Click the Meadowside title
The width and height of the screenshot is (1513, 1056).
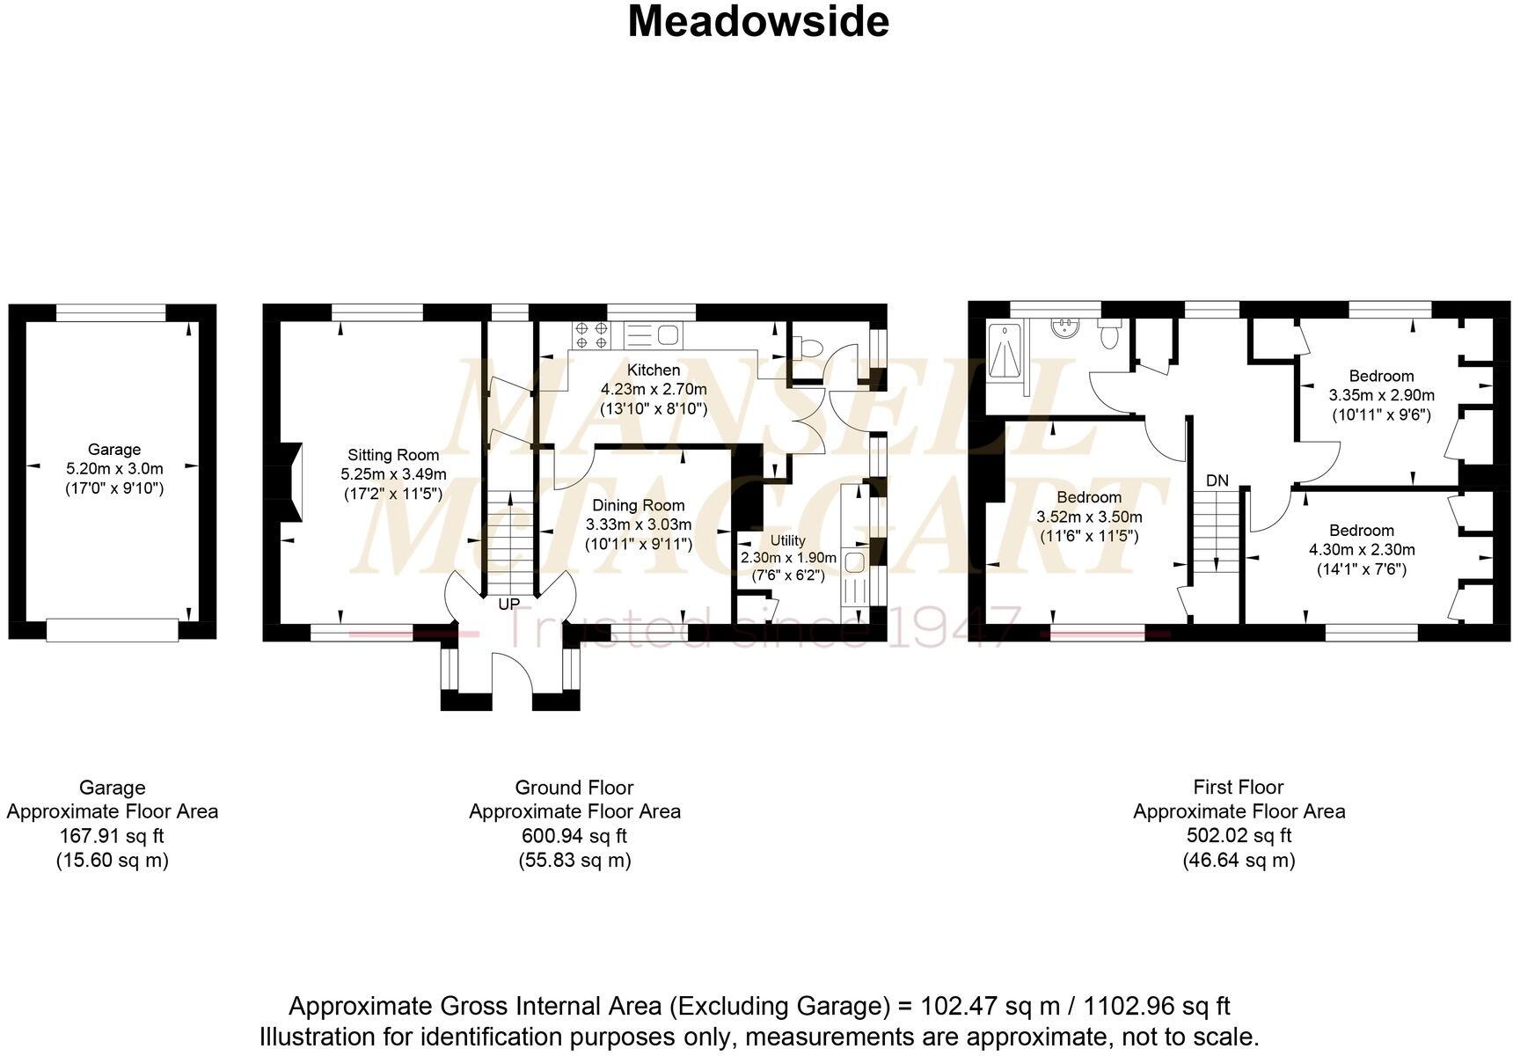[757, 22]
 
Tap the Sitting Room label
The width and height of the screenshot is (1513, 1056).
[393, 455]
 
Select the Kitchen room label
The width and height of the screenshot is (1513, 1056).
[654, 370]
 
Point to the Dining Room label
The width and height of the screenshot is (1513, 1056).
[638, 505]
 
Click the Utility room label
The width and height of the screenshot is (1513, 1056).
[787, 540]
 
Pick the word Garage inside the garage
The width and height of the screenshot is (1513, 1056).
[113, 449]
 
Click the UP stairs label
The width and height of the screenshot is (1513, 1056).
[508, 605]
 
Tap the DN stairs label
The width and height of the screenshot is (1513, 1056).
[1217, 480]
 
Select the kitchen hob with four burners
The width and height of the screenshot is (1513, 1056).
[591, 335]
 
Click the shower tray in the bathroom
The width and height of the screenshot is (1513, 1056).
[1005, 351]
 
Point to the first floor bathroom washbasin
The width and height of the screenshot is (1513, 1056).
[1065, 328]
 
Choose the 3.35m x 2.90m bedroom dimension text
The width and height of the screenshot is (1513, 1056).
[1381, 395]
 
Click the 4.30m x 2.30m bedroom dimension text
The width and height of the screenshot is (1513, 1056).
[1362, 550]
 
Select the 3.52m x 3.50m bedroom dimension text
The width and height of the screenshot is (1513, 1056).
[1089, 517]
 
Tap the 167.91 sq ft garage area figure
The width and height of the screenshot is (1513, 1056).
[112, 836]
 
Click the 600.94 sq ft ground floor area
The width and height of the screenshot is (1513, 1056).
[574, 836]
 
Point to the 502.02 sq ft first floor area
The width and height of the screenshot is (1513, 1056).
[1239, 836]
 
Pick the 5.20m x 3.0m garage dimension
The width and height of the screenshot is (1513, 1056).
[114, 469]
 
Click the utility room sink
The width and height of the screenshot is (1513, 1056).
[854, 561]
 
